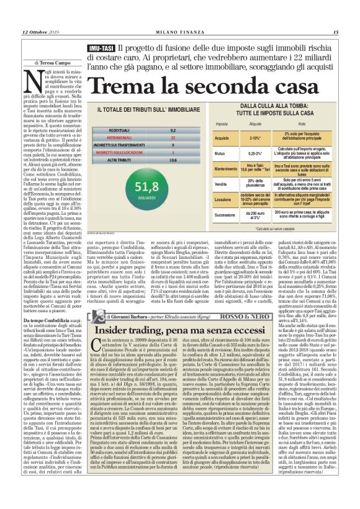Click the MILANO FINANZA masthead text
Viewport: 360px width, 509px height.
click(179, 15)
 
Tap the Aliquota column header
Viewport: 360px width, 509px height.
click(256, 124)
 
